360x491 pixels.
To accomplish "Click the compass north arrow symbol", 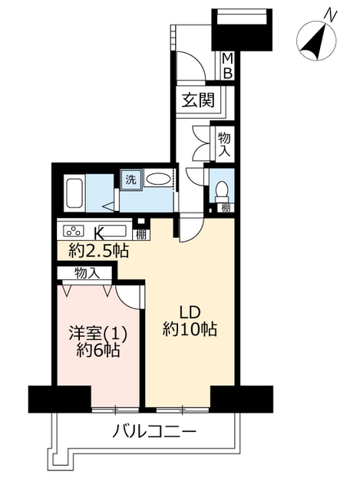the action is pyautogui.click(x=316, y=41).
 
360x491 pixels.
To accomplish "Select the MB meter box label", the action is pyautogui.click(x=227, y=66).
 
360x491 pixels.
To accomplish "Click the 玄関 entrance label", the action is pyautogui.click(x=199, y=101).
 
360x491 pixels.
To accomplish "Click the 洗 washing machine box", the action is pyautogui.click(x=131, y=180).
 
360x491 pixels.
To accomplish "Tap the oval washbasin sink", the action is pyautogui.click(x=158, y=180).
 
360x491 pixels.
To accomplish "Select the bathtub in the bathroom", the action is pyautogui.click(x=74, y=193).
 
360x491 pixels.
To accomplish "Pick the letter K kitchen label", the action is pyautogui.click(x=99, y=232).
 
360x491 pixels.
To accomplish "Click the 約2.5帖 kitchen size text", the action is pyautogui.click(x=98, y=251).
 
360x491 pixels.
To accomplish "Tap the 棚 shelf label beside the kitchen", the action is pyautogui.click(x=141, y=235).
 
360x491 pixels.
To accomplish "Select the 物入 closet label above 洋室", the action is pyautogui.click(x=87, y=273).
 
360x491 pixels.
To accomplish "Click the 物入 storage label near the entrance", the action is pyautogui.click(x=225, y=144).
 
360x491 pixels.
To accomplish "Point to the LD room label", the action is pyautogui.click(x=190, y=313).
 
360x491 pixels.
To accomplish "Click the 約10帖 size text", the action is pyautogui.click(x=190, y=329).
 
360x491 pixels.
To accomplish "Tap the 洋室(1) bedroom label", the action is pyautogui.click(x=98, y=334).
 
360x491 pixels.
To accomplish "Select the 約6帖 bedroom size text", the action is pyautogui.click(x=98, y=351).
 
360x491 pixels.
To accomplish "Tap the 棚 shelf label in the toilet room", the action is pyautogui.click(x=226, y=208).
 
